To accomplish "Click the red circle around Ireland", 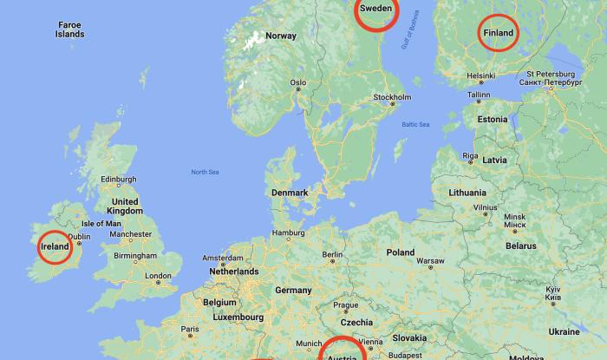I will pos(54,248).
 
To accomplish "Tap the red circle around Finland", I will pos(499,33).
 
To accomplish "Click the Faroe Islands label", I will pos(69,30).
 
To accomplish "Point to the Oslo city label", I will pos(298,83).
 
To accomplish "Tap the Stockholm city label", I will pos(391,97).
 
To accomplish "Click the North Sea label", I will pos(205,173).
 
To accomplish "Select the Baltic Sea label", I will pos(415,125).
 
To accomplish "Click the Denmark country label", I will pos(290,193).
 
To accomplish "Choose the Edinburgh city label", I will pos(119,180).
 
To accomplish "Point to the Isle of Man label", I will pos(101,223).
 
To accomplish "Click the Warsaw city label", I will pos(430,261).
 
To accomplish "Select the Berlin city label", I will pos(333,254).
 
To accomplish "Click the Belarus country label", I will pos(521,245).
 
